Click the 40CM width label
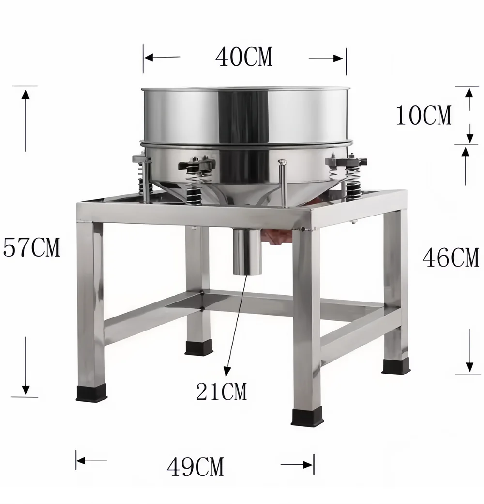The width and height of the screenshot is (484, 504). tap(243, 58)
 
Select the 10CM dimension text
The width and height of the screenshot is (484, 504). tap(423, 115)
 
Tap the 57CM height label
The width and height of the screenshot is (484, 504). tap(31, 247)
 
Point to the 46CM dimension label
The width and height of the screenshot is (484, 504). tap(451, 257)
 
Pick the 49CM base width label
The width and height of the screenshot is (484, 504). tap(196, 467)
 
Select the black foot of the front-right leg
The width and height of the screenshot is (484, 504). tap(306, 416)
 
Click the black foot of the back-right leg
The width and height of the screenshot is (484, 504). tap(395, 366)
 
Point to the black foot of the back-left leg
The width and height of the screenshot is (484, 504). tap(198, 348)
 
